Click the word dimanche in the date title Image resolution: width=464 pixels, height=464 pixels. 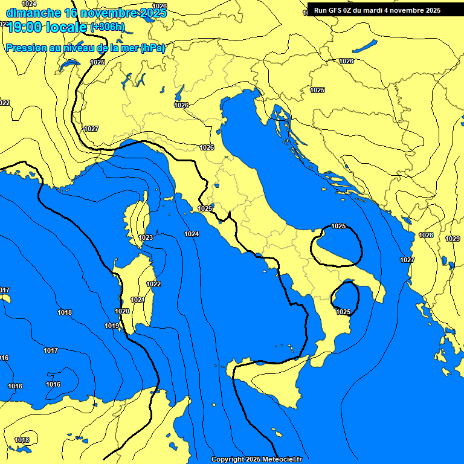[33, 13]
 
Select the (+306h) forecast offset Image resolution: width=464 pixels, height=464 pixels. [107, 27]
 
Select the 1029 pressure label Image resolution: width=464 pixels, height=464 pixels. [453, 239]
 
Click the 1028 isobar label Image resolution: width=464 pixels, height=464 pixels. [426, 235]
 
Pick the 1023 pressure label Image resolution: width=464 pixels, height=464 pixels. [146, 237]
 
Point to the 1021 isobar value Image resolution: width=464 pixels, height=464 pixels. [138, 300]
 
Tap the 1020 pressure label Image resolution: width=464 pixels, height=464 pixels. [122, 311]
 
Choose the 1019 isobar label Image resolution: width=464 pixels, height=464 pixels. [112, 326]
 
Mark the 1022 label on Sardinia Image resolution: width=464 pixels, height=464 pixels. [153, 284]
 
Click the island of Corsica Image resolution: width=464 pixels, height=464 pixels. [138, 217]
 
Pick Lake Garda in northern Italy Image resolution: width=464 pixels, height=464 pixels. [180, 92]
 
